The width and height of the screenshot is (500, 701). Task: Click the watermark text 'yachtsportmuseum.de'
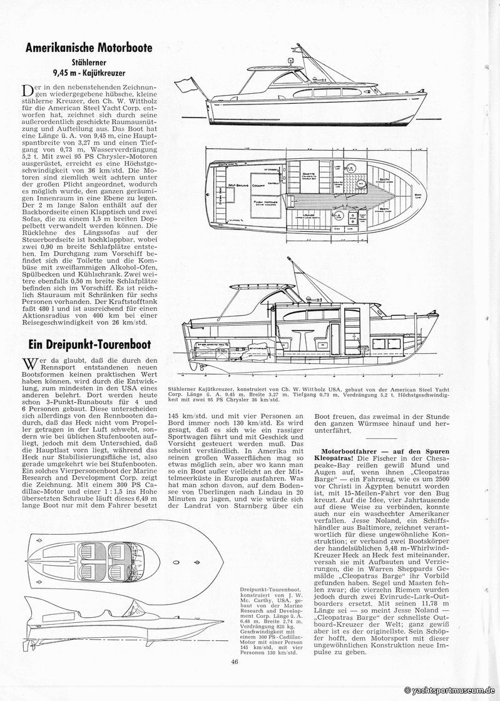pyautogui.click(x=451, y=689)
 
